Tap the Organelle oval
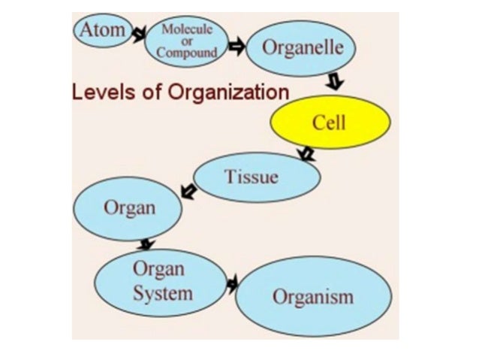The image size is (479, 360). (x=302, y=47)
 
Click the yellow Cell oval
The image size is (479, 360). (x=330, y=123)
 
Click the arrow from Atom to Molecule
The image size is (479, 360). (x=138, y=35)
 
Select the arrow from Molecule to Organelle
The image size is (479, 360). (x=236, y=47)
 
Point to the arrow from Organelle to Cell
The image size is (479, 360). (x=335, y=80)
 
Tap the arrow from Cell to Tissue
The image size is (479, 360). (x=305, y=155)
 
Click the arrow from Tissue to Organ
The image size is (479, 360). (x=188, y=192)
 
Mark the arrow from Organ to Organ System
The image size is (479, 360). (x=147, y=244)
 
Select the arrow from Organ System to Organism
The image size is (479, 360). (x=232, y=283)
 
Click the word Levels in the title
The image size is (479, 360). (x=98, y=92)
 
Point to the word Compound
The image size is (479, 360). (x=187, y=53)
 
